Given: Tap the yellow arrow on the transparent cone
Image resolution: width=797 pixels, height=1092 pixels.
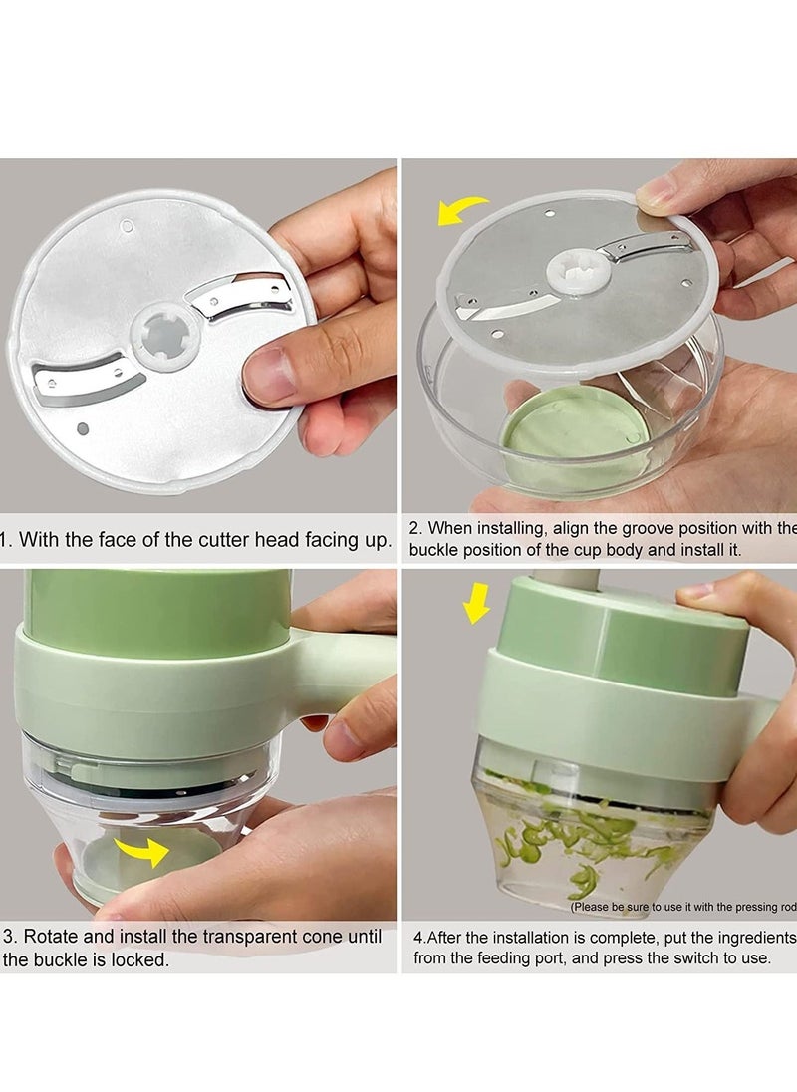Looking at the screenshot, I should pos(140,851).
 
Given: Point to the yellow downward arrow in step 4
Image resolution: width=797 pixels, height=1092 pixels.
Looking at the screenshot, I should pos(477,602).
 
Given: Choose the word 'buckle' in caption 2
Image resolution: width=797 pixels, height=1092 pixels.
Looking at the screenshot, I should pos(434,549).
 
